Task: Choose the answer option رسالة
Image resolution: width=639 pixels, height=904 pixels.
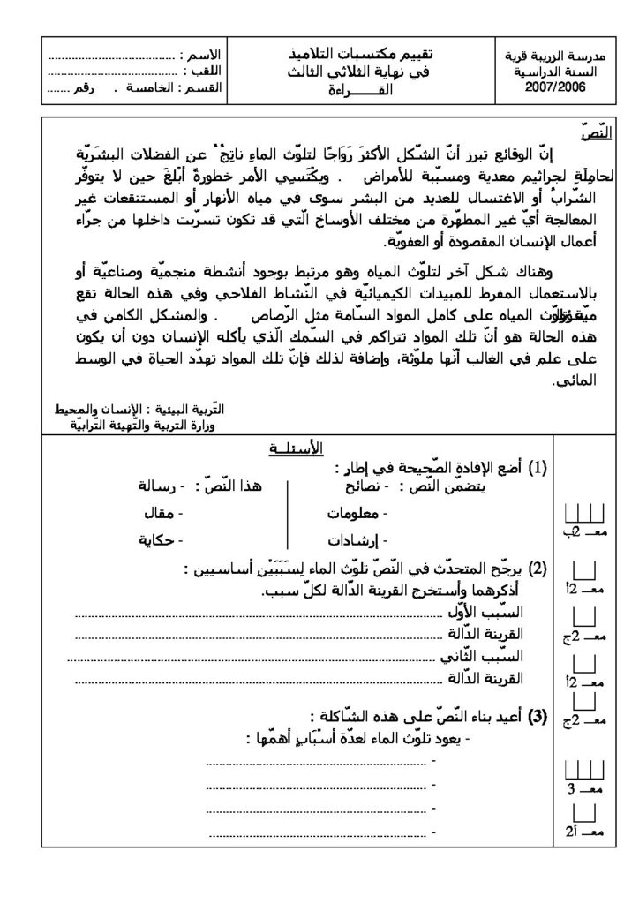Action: click(x=159, y=486)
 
